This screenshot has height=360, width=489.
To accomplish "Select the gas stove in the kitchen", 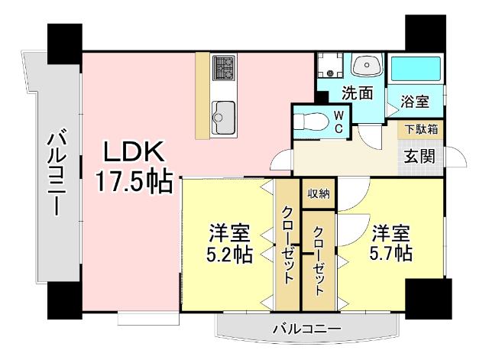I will pos(223,68).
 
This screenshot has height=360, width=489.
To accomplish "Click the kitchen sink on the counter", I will pos(223,115).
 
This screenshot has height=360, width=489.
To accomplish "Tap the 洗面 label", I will pos(357,94).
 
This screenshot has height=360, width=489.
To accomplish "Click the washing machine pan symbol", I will pos(330,67).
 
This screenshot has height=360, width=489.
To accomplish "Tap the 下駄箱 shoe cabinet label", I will pos(421,129).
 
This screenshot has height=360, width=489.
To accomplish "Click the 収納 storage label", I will pos(319,193).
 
